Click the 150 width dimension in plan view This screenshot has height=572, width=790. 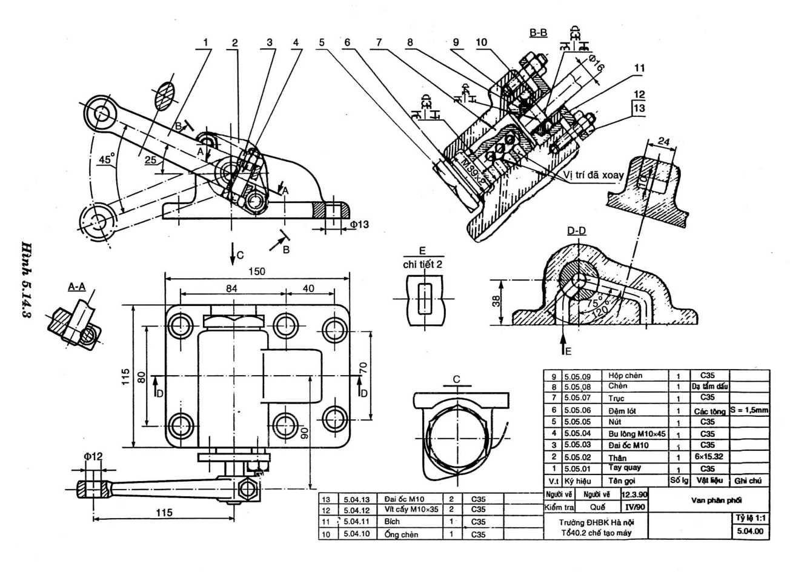(x=257, y=271)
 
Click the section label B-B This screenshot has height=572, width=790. (x=538, y=33)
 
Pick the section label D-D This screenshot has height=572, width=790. (x=576, y=231)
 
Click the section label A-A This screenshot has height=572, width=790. (x=76, y=287)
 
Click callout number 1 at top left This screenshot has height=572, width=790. (x=206, y=42)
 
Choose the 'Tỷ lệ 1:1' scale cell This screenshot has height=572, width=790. (x=749, y=519)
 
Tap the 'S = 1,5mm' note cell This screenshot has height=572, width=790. (x=749, y=410)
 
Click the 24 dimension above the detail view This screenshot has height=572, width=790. (x=663, y=142)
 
